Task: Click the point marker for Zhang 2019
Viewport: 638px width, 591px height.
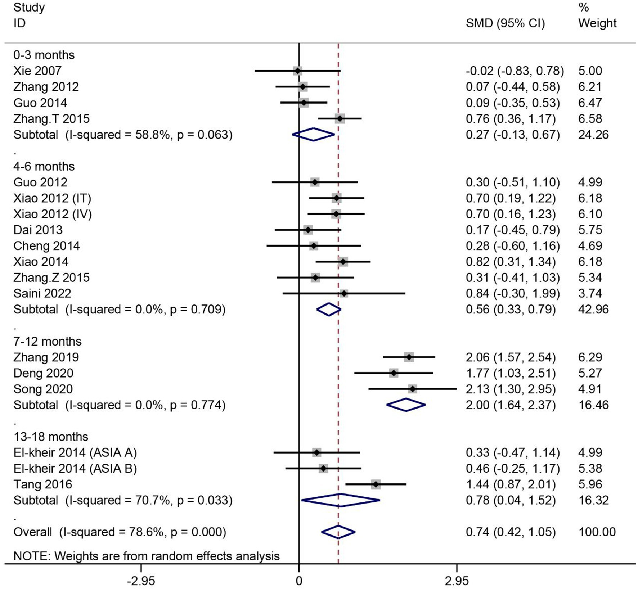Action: pyautogui.click(x=409, y=357)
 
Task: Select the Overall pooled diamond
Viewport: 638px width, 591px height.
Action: pyautogui.click(x=338, y=532)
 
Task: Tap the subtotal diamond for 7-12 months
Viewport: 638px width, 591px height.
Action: pyautogui.click(x=406, y=405)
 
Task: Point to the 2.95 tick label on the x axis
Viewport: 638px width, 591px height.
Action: pyautogui.click(x=457, y=581)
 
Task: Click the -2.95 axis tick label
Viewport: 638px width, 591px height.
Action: pyautogui.click(x=141, y=581)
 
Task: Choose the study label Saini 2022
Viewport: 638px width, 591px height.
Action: pyautogui.click(x=42, y=293)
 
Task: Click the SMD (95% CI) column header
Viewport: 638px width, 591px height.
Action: pyautogui.click(x=505, y=23)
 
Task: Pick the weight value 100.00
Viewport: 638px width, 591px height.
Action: pyautogui.click(x=597, y=532)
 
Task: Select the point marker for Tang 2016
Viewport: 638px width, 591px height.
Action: pyautogui.click(x=376, y=484)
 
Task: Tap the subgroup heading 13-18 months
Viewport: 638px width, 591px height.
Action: pyautogui.click(x=51, y=437)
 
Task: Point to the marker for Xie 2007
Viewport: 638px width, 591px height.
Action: pyautogui.click(x=297, y=71)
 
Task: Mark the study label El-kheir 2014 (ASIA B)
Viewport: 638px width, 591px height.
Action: pyautogui.click(x=75, y=468)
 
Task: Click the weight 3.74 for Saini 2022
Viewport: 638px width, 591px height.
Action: pyautogui.click(x=590, y=293)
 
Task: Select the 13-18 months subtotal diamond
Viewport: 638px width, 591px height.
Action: pyautogui.click(x=340, y=500)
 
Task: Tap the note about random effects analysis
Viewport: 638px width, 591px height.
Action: pyautogui.click(x=146, y=556)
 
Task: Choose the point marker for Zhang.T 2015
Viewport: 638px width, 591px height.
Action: pyautogui.click(x=340, y=119)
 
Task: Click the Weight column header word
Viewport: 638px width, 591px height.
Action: pyautogui.click(x=597, y=23)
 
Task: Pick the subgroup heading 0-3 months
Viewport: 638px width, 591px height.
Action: pyautogui.click(x=44, y=55)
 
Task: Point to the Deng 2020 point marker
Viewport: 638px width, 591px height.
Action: pyautogui.click(x=394, y=373)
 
